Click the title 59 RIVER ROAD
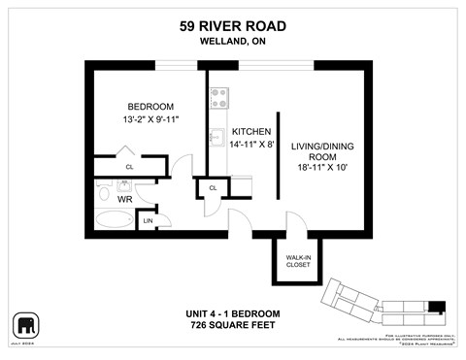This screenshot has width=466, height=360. [x=232, y=27]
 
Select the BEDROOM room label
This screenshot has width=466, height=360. [x=150, y=107]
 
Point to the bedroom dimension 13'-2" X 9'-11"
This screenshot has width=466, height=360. [x=150, y=120]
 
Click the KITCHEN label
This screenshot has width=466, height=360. [x=250, y=131]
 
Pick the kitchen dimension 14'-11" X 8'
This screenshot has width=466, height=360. [x=250, y=145]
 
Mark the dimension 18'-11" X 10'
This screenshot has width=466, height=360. [x=321, y=169]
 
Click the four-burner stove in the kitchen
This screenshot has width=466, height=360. [x=218, y=98]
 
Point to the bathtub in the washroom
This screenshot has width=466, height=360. [x=113, y=222]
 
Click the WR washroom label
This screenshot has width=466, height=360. [x=125, y=198]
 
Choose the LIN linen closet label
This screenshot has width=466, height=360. [x=148, y=220]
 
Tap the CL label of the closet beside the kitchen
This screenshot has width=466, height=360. [x=212, y=187]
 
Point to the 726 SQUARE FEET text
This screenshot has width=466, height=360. [x=232, y=325]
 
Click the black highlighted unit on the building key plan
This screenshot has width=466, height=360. [x=437, y=308]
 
